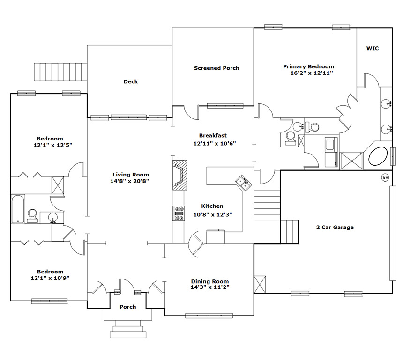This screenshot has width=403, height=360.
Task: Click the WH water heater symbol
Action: tap(385, 177)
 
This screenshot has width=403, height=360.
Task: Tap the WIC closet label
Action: tap(373, 48)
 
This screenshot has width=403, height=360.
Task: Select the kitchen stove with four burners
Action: tap(179, 213)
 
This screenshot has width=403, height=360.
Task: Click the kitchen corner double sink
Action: tap(243, 183)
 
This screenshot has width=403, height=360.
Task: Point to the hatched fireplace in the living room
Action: tap(179, 176)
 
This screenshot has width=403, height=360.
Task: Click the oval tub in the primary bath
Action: tap(378, 156)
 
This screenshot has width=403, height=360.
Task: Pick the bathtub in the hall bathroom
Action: tap(18, 209)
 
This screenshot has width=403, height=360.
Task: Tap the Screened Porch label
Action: tap(216, 68)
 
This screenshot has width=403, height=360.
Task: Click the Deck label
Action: tap(131, 81)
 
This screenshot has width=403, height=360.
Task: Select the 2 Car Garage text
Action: tap(335, 227)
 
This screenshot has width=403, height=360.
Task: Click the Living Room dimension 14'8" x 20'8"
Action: tap(129, 181)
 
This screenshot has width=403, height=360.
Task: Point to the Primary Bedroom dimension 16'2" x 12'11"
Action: tap(312, 73)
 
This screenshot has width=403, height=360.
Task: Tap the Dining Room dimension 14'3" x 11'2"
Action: tap(210, 287)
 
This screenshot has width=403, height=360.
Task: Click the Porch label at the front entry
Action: tap(128, 307)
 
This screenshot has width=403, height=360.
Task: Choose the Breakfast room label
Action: tap(213, 135)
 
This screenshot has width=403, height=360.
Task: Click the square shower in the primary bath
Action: tap(351, 161)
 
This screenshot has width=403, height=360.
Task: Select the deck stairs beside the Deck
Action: tap(60, 72)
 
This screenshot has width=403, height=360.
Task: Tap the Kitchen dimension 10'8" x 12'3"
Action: tap(213, 214)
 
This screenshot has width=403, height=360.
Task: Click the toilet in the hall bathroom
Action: tap(33, 216)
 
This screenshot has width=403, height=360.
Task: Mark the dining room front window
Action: tap(209, 316)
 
